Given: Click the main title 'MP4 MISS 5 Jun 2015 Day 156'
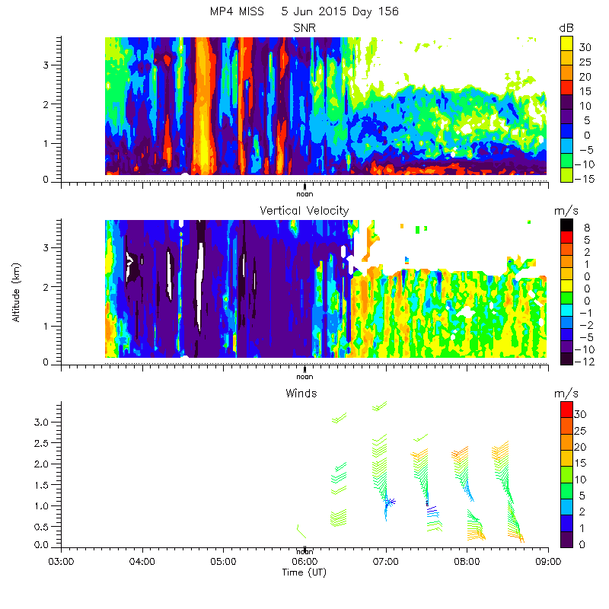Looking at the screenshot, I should [304, 11].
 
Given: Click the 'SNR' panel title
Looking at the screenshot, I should [304, 27].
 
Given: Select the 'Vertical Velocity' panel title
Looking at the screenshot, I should [304, 210].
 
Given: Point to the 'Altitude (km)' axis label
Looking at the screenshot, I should [16, 293].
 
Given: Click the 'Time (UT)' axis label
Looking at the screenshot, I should [304, 572].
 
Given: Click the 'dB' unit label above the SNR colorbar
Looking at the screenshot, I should [566, 27].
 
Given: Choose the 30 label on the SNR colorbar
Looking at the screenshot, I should [585, 47].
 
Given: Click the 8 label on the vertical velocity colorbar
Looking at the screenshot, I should [587, 227].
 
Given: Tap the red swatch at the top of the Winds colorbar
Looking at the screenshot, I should [566, 410].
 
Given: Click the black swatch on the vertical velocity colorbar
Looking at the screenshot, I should [566, 226].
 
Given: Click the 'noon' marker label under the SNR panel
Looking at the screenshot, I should [304, 193].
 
